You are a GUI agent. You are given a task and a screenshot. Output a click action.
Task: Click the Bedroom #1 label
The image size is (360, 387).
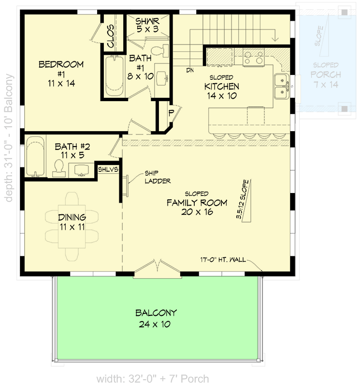point(61,73)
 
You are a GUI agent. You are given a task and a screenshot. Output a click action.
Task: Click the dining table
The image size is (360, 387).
point(72,223)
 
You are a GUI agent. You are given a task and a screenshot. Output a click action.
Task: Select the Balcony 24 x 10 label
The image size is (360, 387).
point(156,318)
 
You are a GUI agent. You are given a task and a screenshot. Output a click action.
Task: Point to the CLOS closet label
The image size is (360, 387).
point(110,37)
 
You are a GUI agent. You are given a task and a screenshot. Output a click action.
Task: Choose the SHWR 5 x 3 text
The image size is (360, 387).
point(147,25)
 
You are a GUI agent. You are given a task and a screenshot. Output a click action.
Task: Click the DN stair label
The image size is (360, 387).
point(190,70)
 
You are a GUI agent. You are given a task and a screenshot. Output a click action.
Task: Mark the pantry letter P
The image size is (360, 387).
point(171,113)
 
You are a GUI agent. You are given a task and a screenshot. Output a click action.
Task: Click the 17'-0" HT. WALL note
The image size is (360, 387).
point(223,260)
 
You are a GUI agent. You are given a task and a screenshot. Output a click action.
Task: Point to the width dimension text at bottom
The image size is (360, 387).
point(152,378)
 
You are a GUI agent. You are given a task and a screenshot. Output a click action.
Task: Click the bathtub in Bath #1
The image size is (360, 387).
point(115,74)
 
